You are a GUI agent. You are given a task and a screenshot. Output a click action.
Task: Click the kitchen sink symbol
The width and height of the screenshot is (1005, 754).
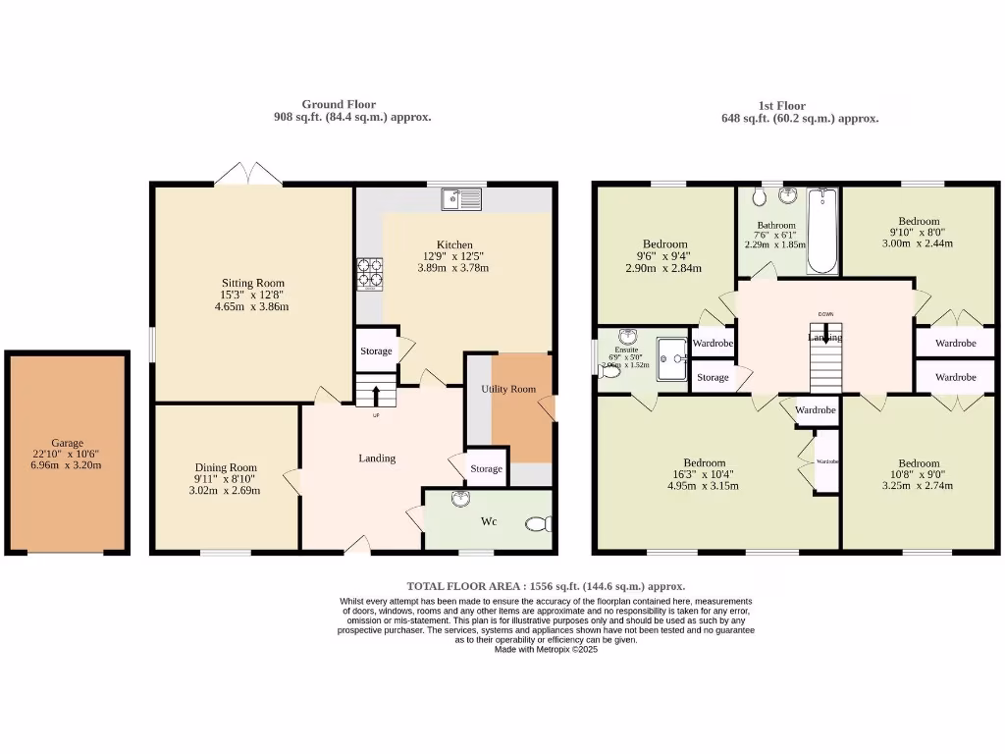point(461,199)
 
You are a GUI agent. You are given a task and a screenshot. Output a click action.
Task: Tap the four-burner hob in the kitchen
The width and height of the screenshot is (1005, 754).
point(370,274)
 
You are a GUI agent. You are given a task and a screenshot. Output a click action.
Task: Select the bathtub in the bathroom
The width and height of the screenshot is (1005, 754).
point(820,232)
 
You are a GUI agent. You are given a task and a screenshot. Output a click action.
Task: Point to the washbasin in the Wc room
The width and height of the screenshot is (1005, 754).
point(460,500)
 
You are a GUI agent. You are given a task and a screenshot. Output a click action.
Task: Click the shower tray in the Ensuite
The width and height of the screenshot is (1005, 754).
point(671,353)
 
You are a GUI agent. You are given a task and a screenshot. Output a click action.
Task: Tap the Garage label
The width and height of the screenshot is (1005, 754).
point(68,443)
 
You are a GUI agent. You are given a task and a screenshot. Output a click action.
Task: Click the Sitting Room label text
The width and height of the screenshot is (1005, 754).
point(252,283)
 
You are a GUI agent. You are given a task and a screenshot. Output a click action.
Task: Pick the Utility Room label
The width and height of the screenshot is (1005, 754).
point(508,389)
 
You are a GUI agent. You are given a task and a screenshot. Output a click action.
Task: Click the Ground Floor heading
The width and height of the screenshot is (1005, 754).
point(339,104)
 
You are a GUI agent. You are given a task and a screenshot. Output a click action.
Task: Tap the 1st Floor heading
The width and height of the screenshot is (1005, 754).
point(782,105)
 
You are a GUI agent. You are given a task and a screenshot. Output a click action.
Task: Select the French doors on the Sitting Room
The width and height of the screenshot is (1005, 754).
point(248,177)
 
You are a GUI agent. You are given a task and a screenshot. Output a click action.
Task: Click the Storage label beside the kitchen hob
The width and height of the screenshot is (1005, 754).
point(376,350)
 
